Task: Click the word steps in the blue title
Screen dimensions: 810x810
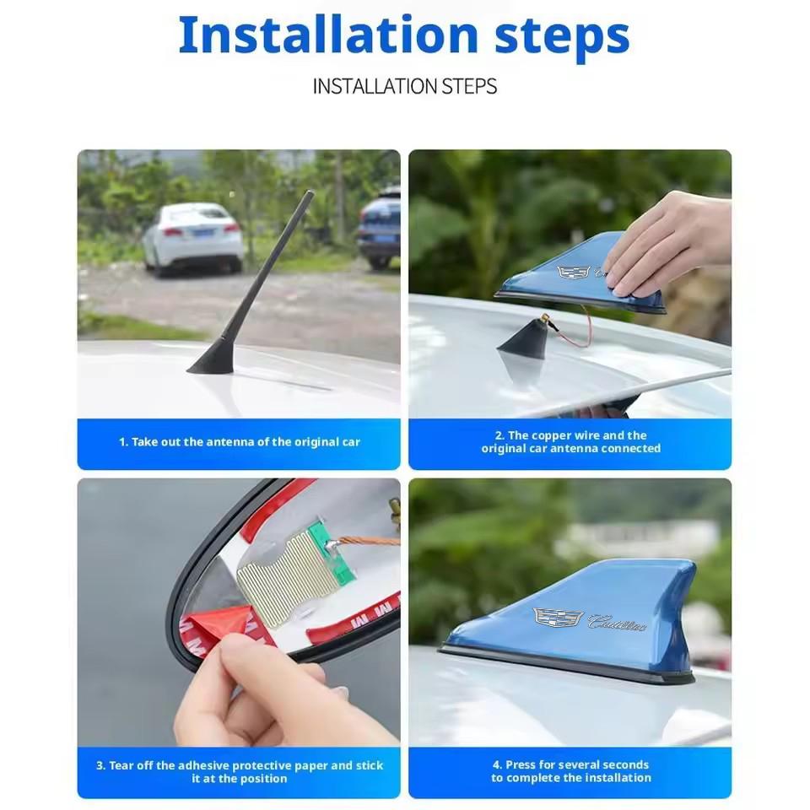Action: (562, 38)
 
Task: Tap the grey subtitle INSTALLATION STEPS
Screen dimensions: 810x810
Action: (404, 86)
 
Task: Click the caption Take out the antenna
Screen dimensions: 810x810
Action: (239, 442)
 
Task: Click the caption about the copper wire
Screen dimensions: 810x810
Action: (571, 441)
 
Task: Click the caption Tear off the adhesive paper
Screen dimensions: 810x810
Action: (239, 772)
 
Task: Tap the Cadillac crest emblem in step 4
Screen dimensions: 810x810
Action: (558, 618)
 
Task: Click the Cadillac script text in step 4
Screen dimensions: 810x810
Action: (617, 622)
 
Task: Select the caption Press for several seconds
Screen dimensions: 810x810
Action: (571, 771)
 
